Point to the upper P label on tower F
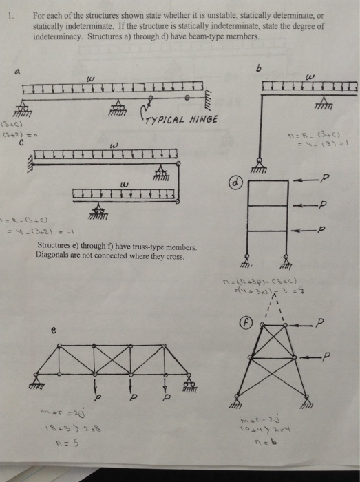338,324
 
